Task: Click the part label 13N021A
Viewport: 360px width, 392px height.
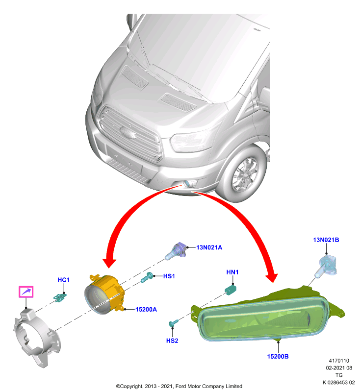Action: (x=209, y=247)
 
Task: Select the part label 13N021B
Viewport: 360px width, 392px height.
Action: (x=326, y=240)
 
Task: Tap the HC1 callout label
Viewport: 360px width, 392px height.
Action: (x=64, y=280)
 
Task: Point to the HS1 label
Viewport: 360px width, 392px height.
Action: (x=169, y=276)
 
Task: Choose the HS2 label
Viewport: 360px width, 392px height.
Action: (x=172, y=341)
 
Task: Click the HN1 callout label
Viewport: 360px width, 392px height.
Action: (x=232, y=272)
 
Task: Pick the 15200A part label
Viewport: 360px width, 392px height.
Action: (x=146, y=309)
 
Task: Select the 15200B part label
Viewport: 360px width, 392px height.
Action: (x=278, y=356)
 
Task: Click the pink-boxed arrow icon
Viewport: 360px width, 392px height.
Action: (x=26, y=292)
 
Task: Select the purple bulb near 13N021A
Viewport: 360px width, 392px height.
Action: (x=176, y=251)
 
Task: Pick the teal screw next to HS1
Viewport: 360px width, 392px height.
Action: (x=147, y=277)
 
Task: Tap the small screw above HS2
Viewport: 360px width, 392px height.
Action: (x=173, y=323)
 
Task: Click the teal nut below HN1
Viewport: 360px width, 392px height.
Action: (x=231, y=290)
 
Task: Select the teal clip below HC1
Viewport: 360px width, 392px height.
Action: (x=60, y=297)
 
